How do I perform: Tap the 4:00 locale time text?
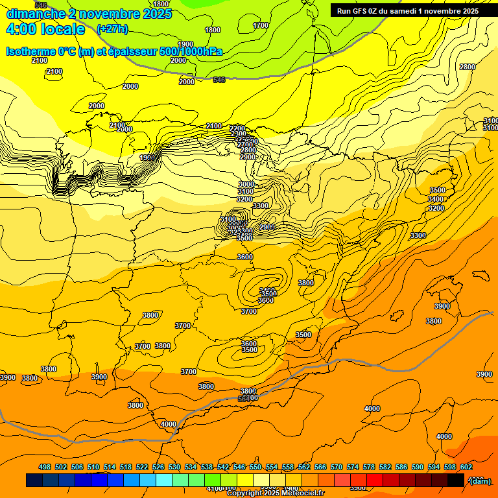(45, 29)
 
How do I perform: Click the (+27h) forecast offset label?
(112, 29)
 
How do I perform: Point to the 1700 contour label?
(260, 26)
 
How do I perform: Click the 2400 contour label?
(214, 126)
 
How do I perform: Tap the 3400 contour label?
(436, 199)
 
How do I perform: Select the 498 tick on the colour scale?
(45, 468)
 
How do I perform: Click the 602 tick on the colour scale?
(466, 468)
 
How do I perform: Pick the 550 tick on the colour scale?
(255, 468)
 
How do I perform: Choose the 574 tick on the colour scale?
(353, 468)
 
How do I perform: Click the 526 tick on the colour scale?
(158, 468)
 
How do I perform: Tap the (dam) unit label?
(479, 480)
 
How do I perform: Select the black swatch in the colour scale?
(456, 480)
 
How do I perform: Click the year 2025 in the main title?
(156, 14)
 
